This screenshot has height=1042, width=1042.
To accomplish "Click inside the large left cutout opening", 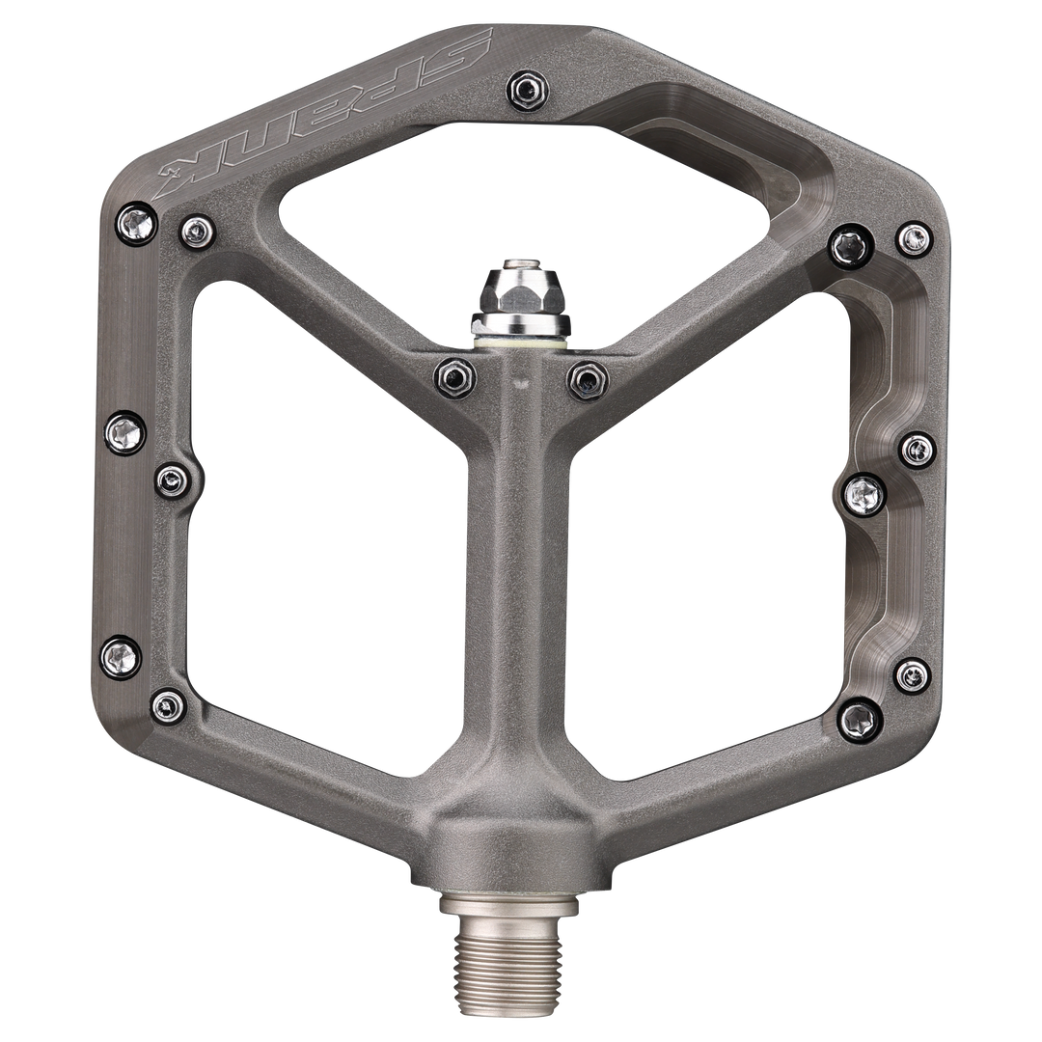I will point(328,540).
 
